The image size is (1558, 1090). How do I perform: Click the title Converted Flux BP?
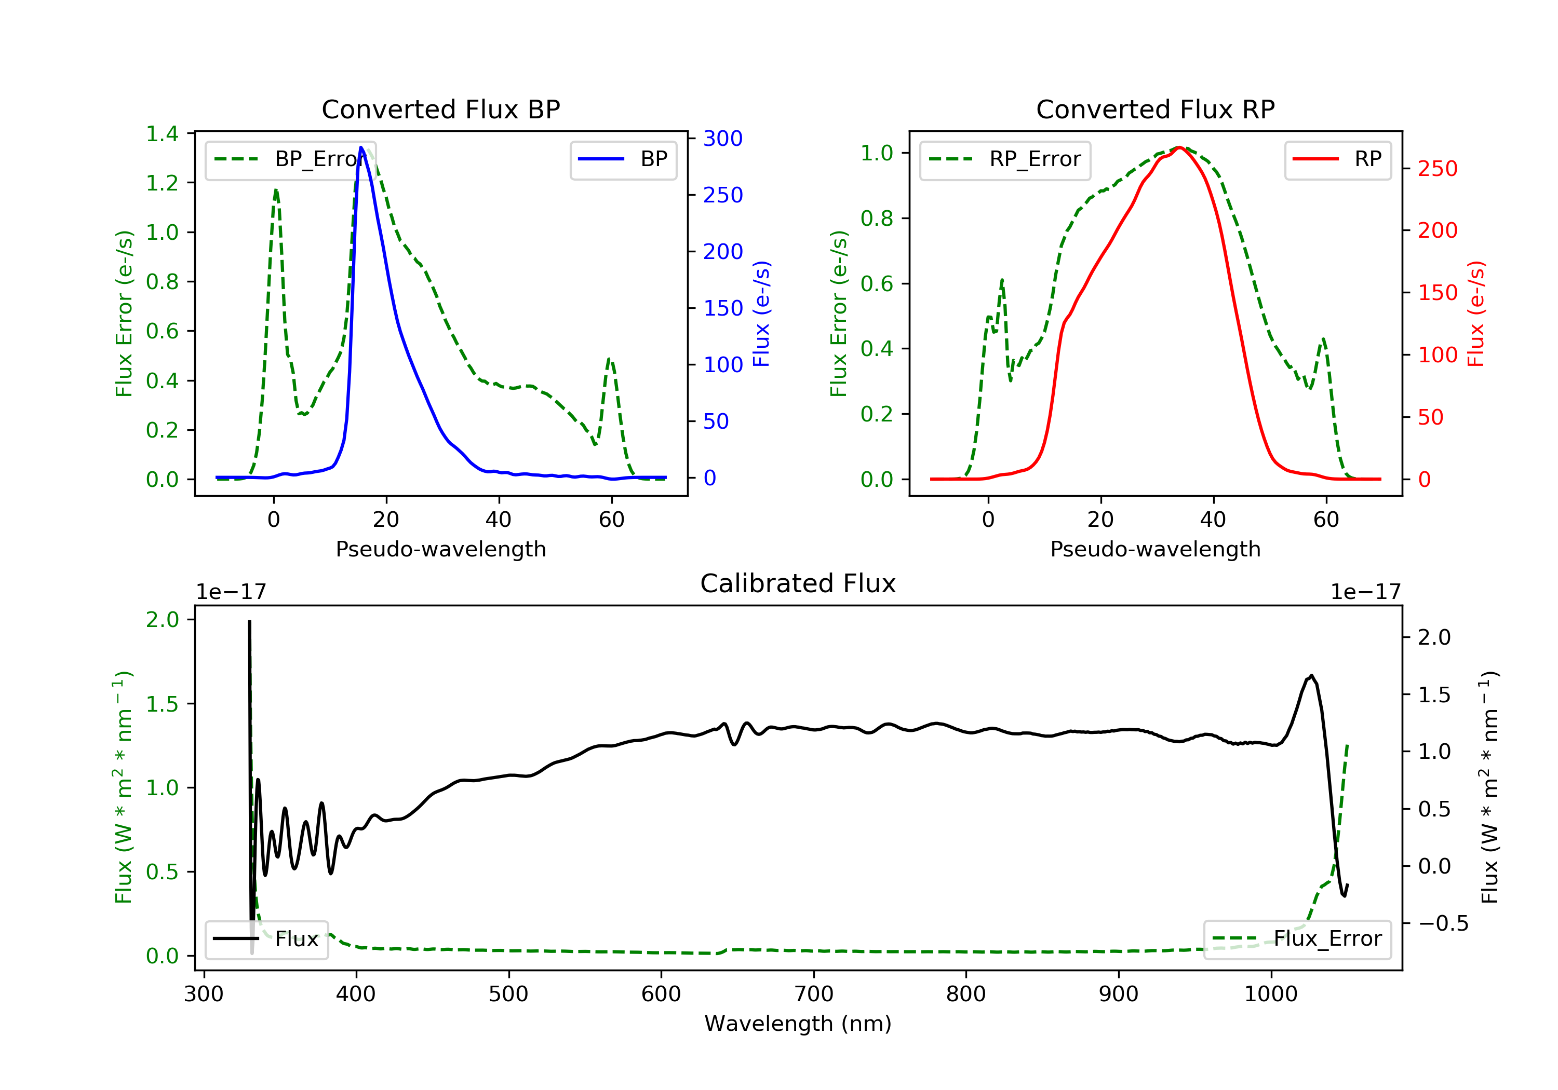pos(440,109)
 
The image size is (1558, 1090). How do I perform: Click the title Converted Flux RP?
pos(1155,109)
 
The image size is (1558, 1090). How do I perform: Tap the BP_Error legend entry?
pos(290,159)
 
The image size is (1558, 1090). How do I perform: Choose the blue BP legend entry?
pos(623,159)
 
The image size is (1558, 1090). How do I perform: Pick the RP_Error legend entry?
pos(1005,159)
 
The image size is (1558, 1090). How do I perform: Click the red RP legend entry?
pos(1337,159)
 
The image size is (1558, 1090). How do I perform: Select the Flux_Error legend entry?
pos(1297,939)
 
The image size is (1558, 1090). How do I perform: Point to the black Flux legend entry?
pos(267,939)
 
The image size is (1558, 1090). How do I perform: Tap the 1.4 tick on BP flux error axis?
pos(162,133)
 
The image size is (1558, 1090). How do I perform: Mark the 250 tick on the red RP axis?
pos(1437,168)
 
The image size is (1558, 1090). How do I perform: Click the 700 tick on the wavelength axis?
pos(814,994)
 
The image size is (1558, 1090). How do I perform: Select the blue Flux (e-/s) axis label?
pos(762,314)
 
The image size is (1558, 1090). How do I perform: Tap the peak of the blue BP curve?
pos(361,147)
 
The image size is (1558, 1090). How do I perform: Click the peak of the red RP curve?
pos(1179,147)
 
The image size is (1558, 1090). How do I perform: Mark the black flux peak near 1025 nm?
pos(1311,676)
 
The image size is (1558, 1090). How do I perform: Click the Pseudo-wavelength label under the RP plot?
pos(1155,549)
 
